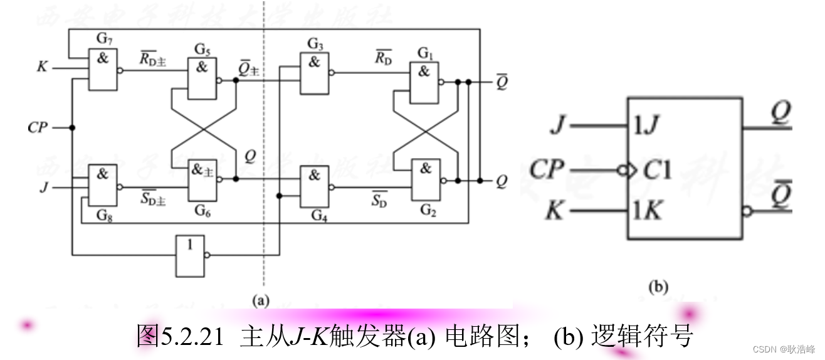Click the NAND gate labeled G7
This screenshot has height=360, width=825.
[102, 70]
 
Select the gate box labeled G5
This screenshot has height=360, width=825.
[202, 78]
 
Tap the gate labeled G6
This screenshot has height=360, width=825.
[202, 180]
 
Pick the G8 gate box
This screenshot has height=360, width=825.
[102, 186]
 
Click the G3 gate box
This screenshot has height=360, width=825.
[314, 73]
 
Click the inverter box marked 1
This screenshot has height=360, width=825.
[191, 256]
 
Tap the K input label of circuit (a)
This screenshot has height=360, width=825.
[42, 66]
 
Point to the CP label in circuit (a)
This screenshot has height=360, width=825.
[38, 128]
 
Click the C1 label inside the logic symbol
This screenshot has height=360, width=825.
[656, 169]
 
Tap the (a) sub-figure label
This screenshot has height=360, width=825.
[260, 300]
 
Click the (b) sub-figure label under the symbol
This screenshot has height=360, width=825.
[658, 288]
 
